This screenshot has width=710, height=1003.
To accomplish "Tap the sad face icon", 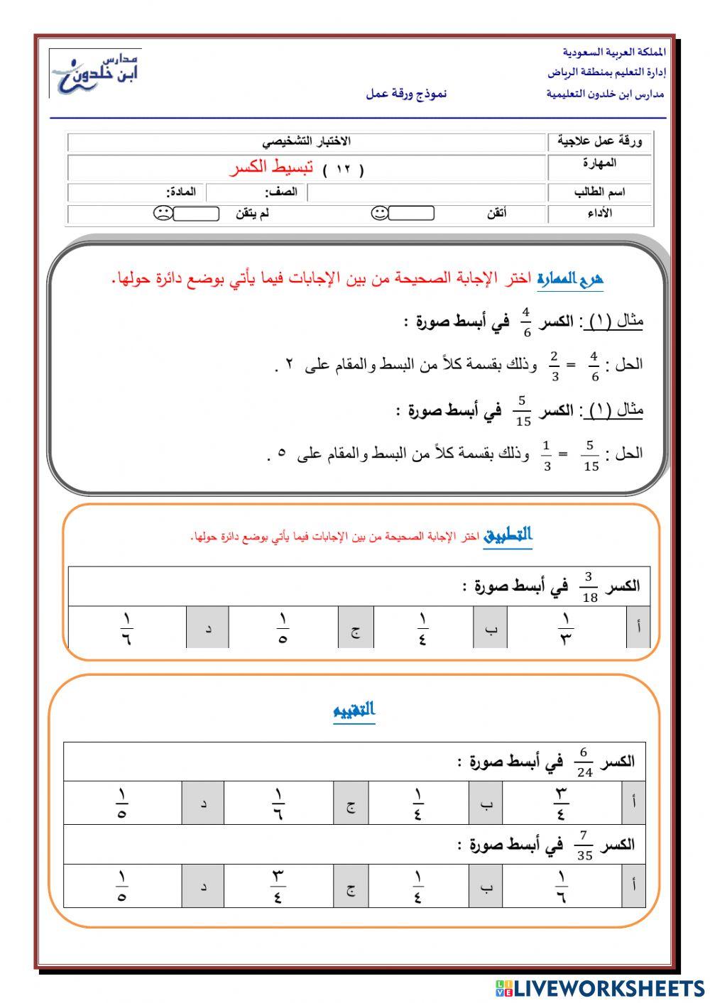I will [163, 213].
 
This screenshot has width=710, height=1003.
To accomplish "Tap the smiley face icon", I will [380, 213].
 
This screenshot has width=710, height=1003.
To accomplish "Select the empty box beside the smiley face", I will [411, 213].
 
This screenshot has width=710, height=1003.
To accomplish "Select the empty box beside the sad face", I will [196, 213].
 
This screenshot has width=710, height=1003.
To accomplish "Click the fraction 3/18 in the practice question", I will [589, 587].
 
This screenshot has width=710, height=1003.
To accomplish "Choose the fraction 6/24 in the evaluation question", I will [584, 762].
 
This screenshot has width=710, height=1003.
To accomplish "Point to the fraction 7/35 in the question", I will [584, 845].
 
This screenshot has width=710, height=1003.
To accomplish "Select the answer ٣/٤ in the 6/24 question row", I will [561, 804].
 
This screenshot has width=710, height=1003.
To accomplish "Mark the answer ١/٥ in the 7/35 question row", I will [122, 887].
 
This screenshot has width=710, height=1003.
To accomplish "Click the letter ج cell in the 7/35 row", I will [351, 887].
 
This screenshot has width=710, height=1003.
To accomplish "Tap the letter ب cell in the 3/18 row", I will [491, 629].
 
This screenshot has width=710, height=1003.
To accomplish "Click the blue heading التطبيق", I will [508, 535].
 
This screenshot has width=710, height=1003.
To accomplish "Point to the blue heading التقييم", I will [354, 711].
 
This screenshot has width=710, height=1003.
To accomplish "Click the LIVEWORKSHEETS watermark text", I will [608, 988].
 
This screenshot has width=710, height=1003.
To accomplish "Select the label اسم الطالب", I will [599, 192].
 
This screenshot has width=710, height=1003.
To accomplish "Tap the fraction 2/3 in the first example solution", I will [555, 365].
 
